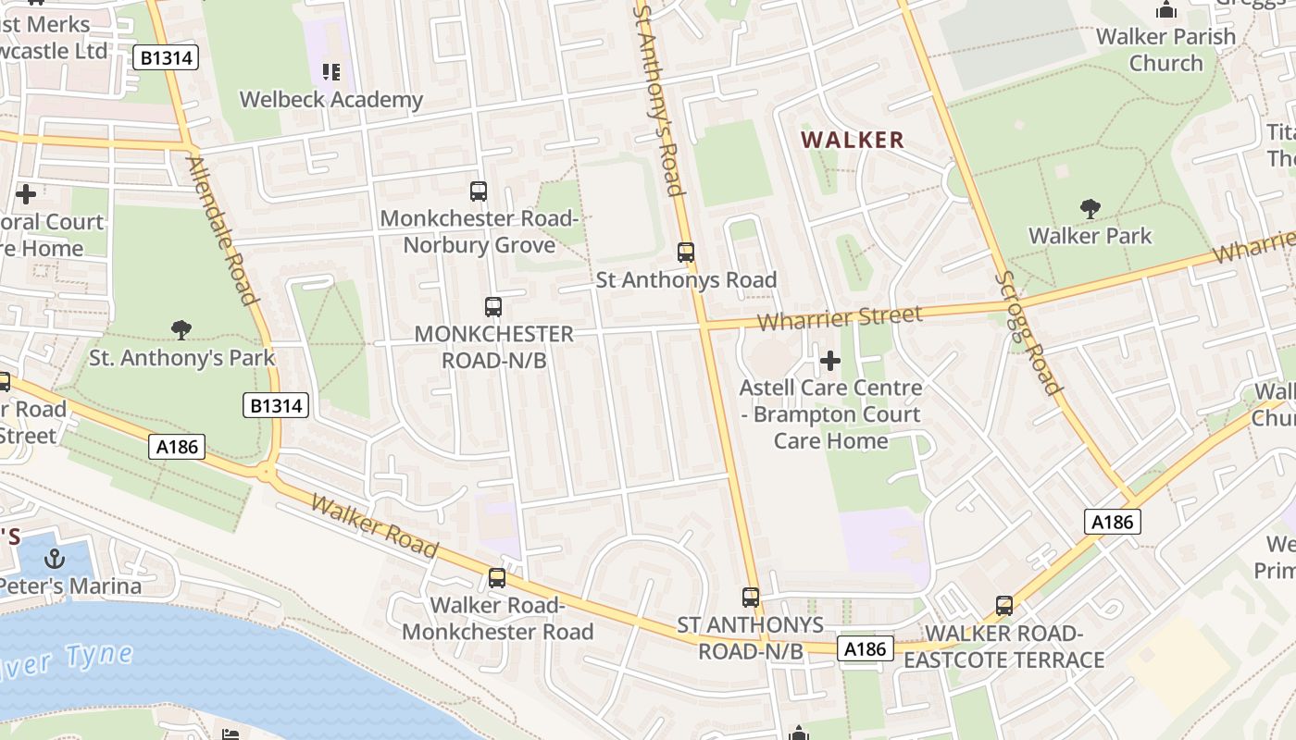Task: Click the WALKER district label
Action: click(852, 141)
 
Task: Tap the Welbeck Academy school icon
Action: click(331, 71)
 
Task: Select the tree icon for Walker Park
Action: click(1090, 209)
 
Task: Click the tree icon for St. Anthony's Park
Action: click(181, 329)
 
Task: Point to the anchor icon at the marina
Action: click(56, 558)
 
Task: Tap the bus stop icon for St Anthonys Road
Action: click(686, 252)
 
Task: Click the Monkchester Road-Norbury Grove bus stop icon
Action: click(479, 191)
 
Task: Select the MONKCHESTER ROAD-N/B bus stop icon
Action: click(493, 306)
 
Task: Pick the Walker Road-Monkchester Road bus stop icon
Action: click(497, 578)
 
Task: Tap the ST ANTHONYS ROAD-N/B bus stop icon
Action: click(751, 598)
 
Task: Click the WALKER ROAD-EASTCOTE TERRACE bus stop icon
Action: click(1004, 607)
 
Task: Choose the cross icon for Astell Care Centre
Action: click(830, 361)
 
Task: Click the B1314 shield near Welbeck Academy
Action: click(167, 57)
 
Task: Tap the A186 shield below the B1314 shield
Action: click(177, 448)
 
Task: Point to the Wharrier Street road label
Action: click(840, 318)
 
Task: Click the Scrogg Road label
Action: click(1028, 333)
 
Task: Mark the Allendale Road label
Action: click(221, 230)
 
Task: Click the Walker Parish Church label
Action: click(1165, 50)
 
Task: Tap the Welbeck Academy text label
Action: click(331, 100)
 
